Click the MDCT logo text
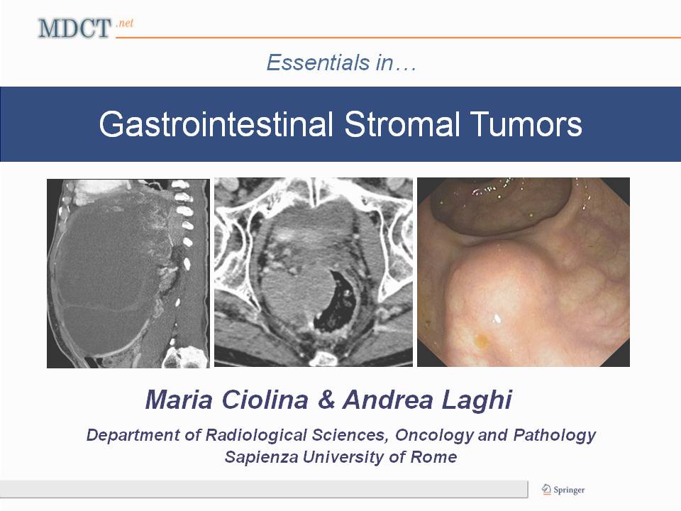point(74,28)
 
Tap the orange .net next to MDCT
point(125,23)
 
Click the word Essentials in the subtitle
point(318,62)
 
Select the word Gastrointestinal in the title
point(216,124)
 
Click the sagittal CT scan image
point(128,273)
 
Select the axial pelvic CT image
point(314,273)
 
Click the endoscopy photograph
point(524,272)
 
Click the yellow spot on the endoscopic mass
point(481,341)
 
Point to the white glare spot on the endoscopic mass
point(497,319)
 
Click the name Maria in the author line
point(179,400)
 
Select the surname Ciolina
point(265,400)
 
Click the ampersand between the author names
point(326,400)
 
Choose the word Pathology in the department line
point(555,435)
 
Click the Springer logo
point(563,490)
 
